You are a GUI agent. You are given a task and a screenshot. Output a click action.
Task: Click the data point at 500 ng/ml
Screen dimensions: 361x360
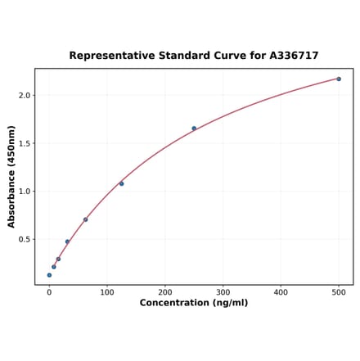point(339,79)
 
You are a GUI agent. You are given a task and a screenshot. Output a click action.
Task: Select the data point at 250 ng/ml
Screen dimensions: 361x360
point(194,129)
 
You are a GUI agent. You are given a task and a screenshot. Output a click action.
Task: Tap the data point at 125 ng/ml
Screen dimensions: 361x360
point(122,183)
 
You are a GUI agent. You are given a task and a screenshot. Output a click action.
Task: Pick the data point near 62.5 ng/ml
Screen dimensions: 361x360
point(85,219)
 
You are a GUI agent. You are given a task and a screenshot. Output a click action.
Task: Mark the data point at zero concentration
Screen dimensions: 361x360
point(49,275)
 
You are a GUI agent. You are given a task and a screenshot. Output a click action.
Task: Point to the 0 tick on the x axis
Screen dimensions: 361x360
point(49,292)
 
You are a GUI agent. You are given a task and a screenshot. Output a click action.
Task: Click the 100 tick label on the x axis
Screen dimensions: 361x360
point(107,292)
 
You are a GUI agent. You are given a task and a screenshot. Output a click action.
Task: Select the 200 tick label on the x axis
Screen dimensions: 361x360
point(165,292)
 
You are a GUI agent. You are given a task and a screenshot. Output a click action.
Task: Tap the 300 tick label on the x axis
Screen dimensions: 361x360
point(223,292)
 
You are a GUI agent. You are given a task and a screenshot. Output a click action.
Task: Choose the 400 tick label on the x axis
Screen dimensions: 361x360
point(281,292)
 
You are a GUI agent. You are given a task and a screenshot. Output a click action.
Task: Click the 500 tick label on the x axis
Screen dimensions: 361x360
point(339,292)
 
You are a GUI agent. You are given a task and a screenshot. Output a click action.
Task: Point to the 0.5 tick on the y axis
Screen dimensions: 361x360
point(24,240)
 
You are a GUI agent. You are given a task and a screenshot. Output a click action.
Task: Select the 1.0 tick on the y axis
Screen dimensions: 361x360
point(24,192)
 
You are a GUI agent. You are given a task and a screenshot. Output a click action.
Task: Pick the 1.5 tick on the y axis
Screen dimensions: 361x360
point(24,143)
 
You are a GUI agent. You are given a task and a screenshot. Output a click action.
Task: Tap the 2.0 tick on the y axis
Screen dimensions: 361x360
point(24,96)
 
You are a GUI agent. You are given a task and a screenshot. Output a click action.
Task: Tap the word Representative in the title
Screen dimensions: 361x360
point(111,56)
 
